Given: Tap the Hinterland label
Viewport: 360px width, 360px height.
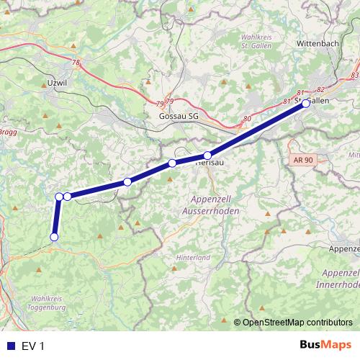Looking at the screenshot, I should (193, 257).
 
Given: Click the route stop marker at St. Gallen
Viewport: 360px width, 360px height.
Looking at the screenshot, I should (306, 103).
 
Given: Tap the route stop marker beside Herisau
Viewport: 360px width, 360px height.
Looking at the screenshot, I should (207, 156).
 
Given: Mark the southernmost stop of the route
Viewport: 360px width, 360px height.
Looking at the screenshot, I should (53, 237).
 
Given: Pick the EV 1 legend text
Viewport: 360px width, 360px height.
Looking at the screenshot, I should (32, 346).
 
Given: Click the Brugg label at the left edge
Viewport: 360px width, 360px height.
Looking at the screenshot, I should (7, 132).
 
